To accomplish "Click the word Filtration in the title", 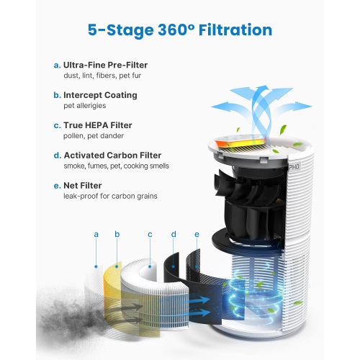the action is tap(235, 30).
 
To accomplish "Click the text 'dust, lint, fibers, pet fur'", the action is tap(102, 76).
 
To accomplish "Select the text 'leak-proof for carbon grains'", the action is tap(110, 196).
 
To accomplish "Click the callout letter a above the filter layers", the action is tap(96, 235).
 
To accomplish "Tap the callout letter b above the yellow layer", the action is tap(117, 234).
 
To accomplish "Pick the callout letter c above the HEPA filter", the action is tap(150, 235).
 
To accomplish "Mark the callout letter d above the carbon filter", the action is tap(174, 234).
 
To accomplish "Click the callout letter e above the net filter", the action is tap(197, 235).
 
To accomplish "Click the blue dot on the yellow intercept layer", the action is tap(117, 266).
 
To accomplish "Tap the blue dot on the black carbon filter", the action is tap(174, 266).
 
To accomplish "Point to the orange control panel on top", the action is tap(240, 142).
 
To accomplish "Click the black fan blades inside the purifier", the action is tap(250, 204).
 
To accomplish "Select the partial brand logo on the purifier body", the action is tap(294, 166).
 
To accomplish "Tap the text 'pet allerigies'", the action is tap(85, 106).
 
